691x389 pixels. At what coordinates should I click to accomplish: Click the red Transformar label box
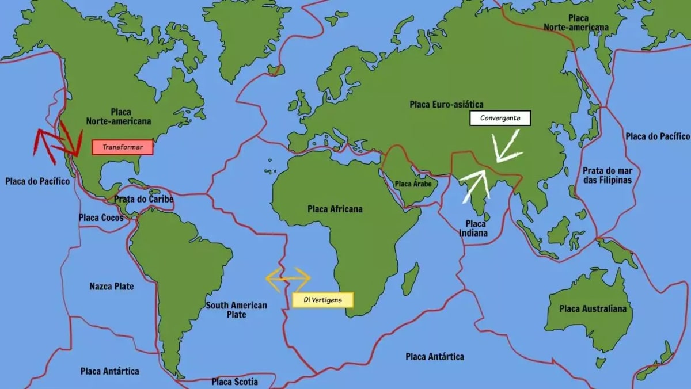click(123, 147)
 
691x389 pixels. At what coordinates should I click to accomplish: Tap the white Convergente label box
click(500, 118)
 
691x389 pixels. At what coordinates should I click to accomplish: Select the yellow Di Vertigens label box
click(322, 300)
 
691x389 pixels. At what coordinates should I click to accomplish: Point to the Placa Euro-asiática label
click(446, 104)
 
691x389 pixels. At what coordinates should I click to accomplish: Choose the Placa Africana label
click(335, 209)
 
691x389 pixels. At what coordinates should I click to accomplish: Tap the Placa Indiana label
click(473, 228)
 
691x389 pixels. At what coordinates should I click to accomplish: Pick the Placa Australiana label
click(593, 309)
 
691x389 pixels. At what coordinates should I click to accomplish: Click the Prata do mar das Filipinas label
click(607, 175)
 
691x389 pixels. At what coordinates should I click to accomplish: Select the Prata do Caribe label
click(143, 199)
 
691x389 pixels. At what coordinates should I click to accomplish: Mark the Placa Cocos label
click(101, 218)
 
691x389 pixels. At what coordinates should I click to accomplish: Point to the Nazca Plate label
click(112, 286)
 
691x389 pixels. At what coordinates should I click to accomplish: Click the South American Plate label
click(236, 310)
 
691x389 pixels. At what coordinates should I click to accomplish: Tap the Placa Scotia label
click(234, 382)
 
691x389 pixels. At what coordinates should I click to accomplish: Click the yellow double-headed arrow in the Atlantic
click(288, 277)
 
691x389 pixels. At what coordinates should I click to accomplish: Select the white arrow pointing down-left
click(506, 146)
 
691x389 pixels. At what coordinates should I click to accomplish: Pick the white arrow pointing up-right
click(476, 186)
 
